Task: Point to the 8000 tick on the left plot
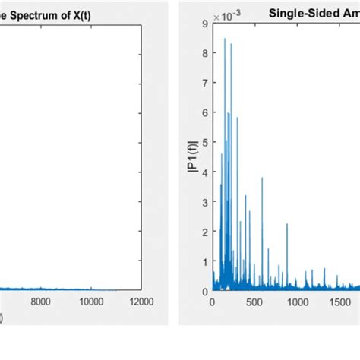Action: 40,302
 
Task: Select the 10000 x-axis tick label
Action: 90,302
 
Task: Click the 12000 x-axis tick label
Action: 141,302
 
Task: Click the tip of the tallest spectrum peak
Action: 225,39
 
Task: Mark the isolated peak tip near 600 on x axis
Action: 263,178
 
